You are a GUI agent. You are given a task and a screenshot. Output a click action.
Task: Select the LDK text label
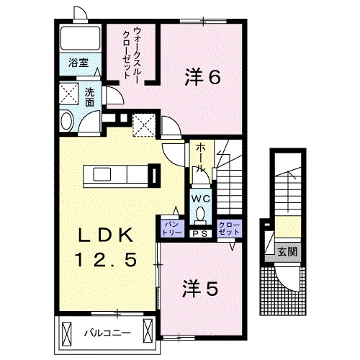coord(105,235)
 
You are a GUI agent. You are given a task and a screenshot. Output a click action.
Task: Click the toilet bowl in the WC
coord(199,214)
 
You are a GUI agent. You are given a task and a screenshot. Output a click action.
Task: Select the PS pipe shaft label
coord(199,233)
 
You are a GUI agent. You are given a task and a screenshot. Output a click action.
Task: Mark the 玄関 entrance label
coord(288,251)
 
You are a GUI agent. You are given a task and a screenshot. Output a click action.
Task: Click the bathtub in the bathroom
coord(81,40)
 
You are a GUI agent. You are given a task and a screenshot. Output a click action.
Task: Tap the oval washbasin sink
coord(66,121)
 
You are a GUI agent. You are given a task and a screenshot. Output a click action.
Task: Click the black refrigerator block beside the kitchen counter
coord(153,175)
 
